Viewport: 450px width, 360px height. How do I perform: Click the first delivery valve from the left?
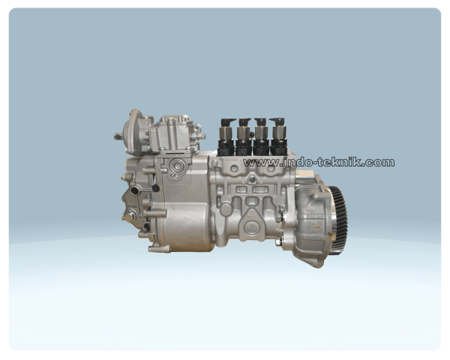click(226, 136)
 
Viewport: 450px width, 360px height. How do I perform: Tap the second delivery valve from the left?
click(244, 136)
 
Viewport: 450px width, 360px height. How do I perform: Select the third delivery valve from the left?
click(260, 136)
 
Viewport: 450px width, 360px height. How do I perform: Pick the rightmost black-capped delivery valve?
click(277, 136)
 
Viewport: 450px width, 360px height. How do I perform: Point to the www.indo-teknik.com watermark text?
click(319, 162)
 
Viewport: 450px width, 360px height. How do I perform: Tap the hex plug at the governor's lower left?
click(131, 217)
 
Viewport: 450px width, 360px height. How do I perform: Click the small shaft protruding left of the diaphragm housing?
click(118, 136)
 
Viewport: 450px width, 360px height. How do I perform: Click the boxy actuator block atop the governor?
click(171, 135)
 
